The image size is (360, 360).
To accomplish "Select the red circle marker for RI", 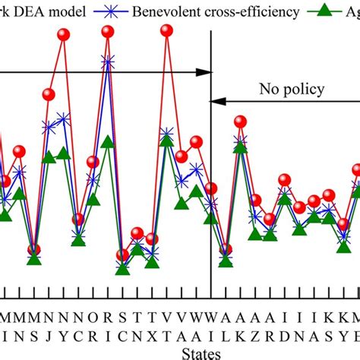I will click(x=108, y=31).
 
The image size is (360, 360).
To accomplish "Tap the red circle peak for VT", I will click(x=166, y=30).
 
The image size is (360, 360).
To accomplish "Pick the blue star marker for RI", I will click(x=108, y=61).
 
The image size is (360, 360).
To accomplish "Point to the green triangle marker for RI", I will click(x=108, y=141).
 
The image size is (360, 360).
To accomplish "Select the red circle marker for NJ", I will click(x=49, y=94).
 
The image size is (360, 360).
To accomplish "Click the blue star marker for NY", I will click(x=63, y=118).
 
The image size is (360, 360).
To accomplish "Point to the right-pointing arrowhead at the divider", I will click(x=204, y=72).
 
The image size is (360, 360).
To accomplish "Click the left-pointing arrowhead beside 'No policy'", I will click(x=217, y=100).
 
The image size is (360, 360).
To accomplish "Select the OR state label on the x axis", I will click(x=93, y=325).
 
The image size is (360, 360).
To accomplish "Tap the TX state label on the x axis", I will click(x=151, y=325).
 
